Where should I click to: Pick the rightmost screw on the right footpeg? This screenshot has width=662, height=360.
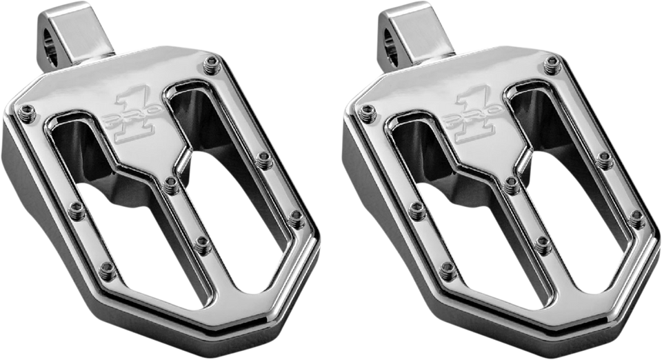click(x=631, y=214)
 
